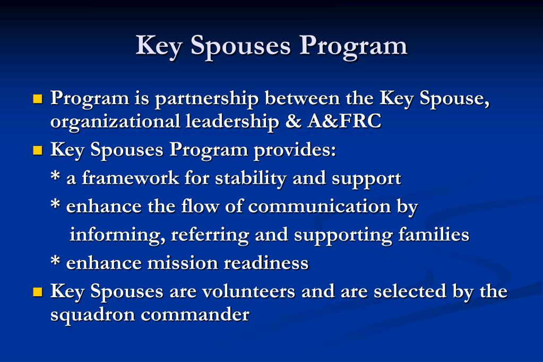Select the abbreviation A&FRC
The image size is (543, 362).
click(343, 122)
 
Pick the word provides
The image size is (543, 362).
click(295, 150)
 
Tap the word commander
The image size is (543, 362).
click(195, 315)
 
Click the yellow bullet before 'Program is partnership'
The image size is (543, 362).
click(37, 99)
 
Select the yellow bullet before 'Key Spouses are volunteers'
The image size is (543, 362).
click(37, 291)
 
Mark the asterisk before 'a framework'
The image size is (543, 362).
click(55, 177)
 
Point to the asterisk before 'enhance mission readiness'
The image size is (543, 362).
click(55, 262)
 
